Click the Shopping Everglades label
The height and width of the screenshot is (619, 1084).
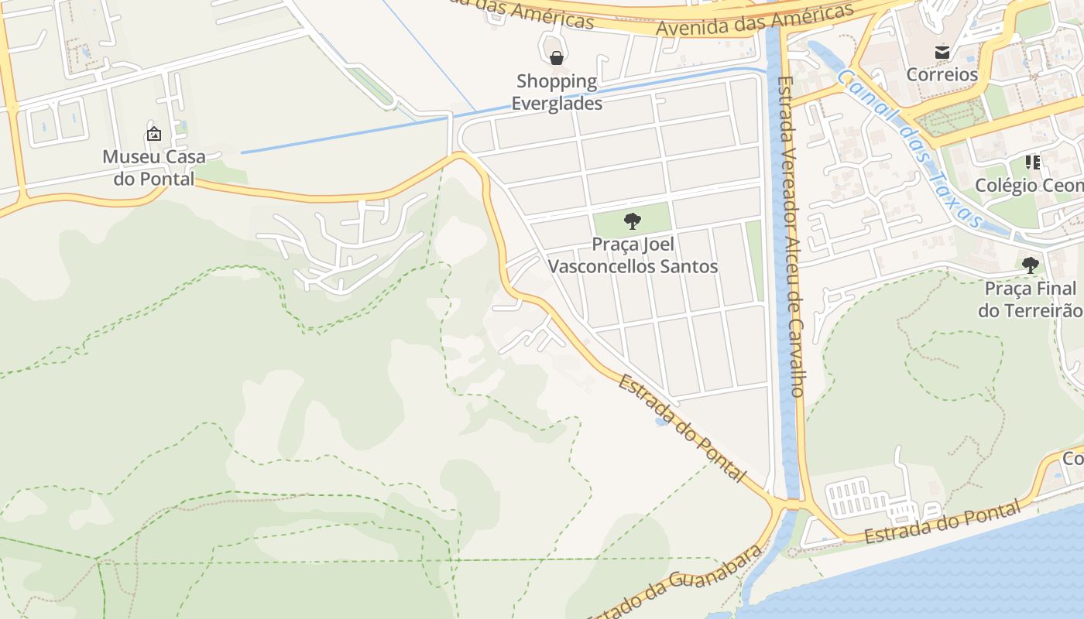(557, 92)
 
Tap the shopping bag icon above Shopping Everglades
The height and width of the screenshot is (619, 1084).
(556, 58)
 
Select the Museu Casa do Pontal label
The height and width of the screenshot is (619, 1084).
(154, 168)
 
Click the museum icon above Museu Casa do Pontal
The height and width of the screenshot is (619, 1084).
(154, 134)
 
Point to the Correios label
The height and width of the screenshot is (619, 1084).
(942, 75)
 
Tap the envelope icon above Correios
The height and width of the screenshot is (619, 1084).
(942, 53)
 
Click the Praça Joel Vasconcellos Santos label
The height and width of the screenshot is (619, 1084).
(633, 255)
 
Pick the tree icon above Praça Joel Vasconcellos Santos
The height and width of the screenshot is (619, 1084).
(633, 221)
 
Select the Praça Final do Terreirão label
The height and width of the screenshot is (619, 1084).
(1030, 299)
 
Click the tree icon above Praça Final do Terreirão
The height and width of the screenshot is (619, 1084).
(1030, 265)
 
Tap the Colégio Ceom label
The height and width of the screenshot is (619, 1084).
(1028, 186)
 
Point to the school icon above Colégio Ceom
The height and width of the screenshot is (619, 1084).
(1032, 162)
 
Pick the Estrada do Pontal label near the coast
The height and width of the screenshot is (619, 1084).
(942, 523)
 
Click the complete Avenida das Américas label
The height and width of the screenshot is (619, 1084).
(755, 21)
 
